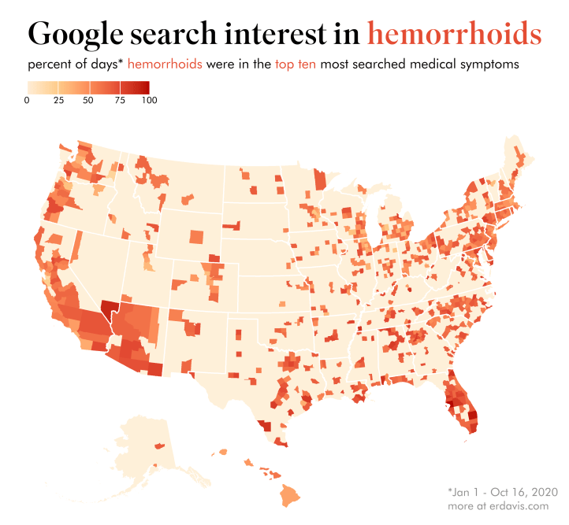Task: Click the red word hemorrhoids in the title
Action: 455,34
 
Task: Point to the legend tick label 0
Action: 28,100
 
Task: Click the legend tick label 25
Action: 58,100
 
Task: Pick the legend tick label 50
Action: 87,100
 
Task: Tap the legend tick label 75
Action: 117,100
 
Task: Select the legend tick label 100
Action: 147,100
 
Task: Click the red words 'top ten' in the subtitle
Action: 296,65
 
